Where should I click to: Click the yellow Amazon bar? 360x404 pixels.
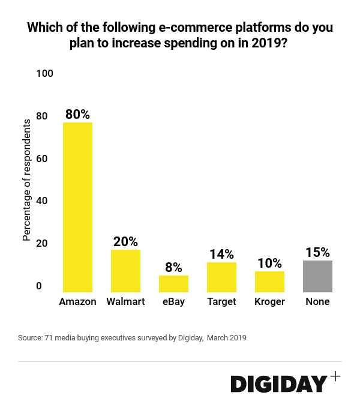tap(77, 207)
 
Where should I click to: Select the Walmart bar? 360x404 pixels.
tap(125, 271)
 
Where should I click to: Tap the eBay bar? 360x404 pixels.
tap(173, 284)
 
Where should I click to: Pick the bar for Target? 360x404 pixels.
tap(221, 277)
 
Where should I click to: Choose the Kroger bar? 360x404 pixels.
tap(269, 282)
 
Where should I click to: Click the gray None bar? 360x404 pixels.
tap(317, 276)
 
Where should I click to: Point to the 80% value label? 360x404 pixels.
tap(77, 114)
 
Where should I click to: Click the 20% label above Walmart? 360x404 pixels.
tap(125, 241)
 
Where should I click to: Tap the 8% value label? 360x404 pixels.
tap(173, 268)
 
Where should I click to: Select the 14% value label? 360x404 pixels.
tap(221, 254)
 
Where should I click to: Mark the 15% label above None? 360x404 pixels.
tap(317, 252)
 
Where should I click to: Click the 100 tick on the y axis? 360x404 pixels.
tap(45, 73)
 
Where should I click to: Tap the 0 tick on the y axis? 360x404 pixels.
tap(39, 286)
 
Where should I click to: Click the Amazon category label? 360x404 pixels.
tap(77, 301)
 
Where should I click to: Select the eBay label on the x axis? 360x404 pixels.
tap(173, 301)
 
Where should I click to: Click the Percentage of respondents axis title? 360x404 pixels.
tap(26, 180)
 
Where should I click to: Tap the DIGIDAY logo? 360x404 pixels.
tap(279, 384)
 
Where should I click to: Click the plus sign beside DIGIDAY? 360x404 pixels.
tap(335, 376)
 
